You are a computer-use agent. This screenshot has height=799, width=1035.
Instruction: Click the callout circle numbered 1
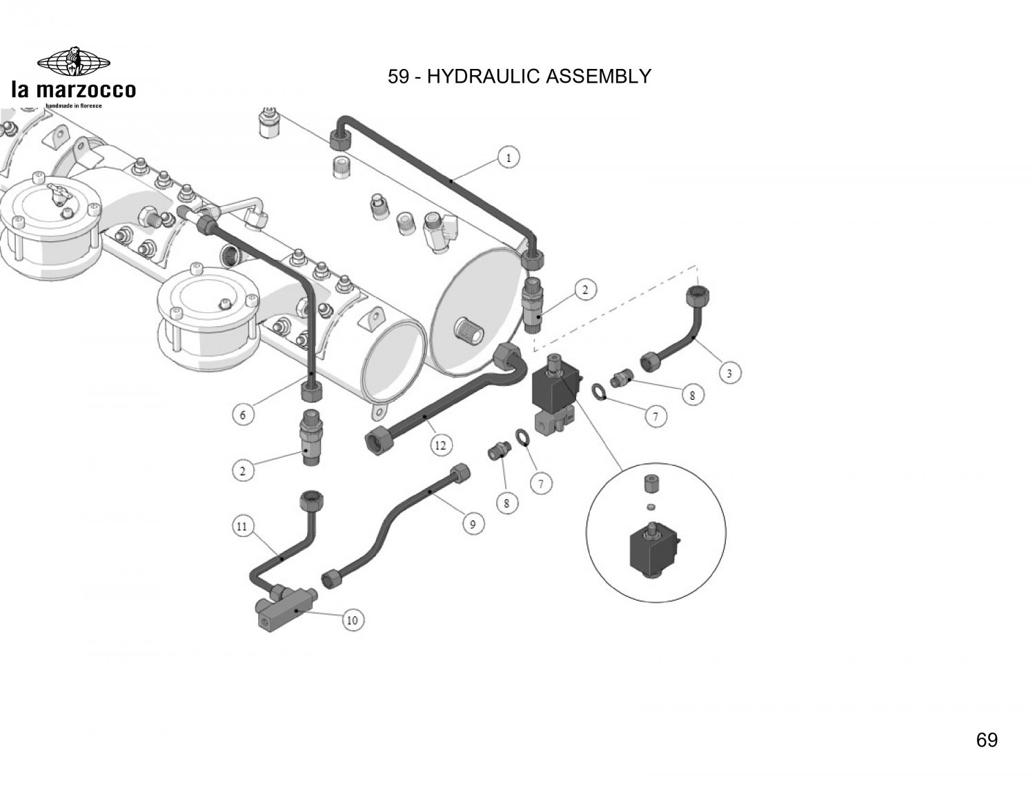[x=509, y=158]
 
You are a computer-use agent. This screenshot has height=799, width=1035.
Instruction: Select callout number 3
[x=730, y=374]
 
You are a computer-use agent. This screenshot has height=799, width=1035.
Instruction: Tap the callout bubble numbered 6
[x=242, y=415]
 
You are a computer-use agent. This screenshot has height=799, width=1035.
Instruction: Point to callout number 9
[x=473, y=524]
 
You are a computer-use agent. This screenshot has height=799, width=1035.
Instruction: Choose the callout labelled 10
[x=352, y=620]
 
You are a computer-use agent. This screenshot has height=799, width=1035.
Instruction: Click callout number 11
[x=242, y=527]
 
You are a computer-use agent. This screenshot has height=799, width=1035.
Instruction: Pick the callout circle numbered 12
[x=440, y=445]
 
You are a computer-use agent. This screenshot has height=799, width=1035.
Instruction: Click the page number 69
[x=987, y=740]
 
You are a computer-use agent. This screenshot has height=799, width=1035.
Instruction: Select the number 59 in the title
[x=398, y=76]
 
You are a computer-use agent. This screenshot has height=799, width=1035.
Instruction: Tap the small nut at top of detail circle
[x=649, y=484]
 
